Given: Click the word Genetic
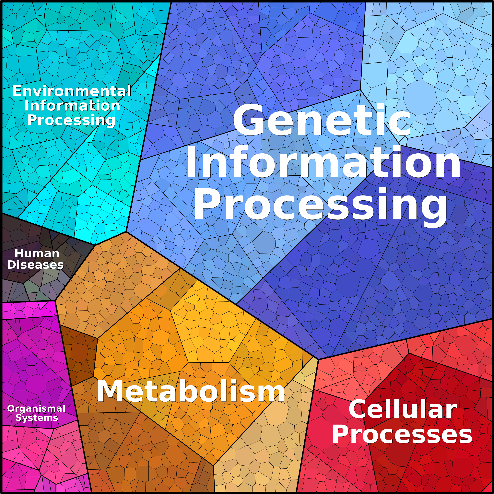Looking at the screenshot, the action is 322,120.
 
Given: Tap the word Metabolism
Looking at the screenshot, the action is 191,392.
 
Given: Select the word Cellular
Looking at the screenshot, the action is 403,410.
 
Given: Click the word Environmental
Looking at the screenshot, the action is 72,91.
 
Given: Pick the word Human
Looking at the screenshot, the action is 37,253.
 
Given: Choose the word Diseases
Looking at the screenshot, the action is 35,265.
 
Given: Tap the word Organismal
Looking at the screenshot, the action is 36,408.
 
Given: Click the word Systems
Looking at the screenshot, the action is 37,418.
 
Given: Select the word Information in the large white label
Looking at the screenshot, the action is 323,162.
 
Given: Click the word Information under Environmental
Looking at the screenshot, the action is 72,106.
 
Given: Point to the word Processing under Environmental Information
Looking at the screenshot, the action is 71,120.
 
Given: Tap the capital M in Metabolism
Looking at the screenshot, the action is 111,392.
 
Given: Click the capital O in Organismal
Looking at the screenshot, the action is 11,408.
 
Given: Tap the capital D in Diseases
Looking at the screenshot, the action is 12,265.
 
